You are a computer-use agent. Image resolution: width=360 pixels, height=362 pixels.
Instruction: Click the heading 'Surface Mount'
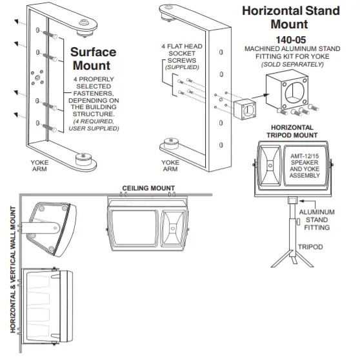(94, 58)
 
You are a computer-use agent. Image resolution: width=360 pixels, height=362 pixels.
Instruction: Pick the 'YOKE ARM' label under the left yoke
(41, 166)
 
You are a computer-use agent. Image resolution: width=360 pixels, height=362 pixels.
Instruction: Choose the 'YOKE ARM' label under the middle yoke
(170, 166)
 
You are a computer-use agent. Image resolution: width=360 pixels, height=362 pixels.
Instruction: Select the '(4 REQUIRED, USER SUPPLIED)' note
(94, 125)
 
